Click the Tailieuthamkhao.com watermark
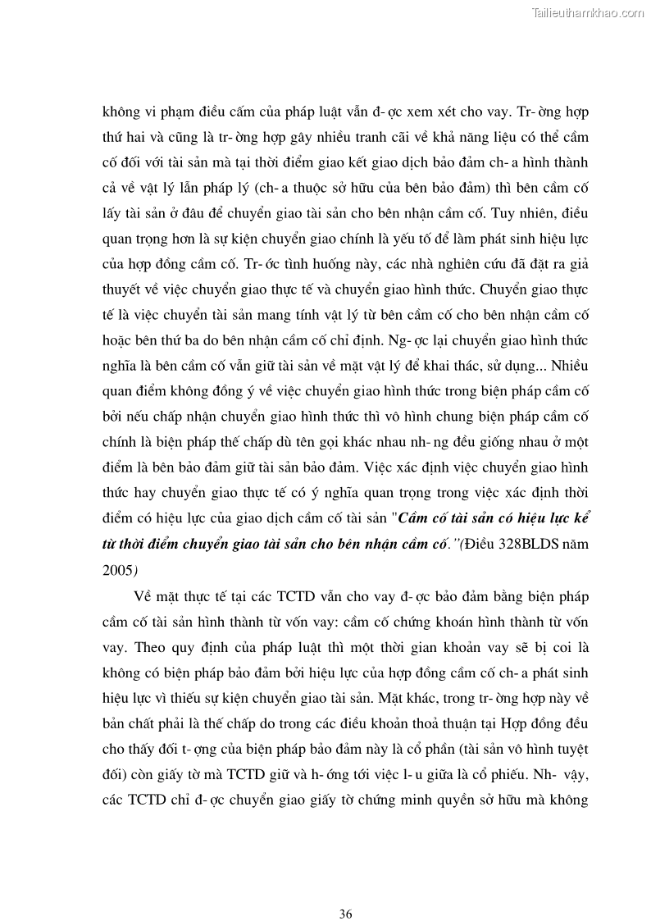589,12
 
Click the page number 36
345,891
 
